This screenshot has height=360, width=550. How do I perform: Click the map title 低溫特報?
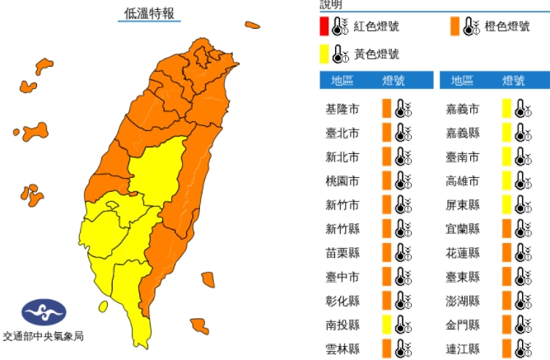(x=150, y=13)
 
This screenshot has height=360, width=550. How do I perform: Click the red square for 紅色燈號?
(x=325, y=26)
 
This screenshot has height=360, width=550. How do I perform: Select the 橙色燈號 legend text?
(x=508, y=26)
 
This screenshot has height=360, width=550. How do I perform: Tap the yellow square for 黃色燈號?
(x=325, y=54)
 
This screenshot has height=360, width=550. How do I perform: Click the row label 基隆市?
(x=343, y=109)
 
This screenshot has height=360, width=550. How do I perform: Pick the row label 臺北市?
(x=343, y=133)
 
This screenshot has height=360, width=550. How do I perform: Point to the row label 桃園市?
(x=343, y=180)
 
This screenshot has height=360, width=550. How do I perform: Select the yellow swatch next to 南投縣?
(x=385, y=323)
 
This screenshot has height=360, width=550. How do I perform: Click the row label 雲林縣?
(x=343, y=347)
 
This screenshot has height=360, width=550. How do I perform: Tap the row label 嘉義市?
(x=463, y=109)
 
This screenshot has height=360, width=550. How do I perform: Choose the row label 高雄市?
(x=463, y=180)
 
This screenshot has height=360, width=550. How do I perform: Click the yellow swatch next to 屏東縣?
(x=506, y=204)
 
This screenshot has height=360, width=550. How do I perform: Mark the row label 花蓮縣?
(x=463, y=251)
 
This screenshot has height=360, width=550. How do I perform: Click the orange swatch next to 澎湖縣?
(x=506, y=299)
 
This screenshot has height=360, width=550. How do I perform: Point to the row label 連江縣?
(x=463, y=347)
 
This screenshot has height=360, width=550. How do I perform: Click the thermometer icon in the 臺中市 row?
(x=402, y=275)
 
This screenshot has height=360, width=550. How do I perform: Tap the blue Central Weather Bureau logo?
(x=43, y=312)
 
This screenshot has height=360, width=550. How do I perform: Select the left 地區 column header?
(x=342, y=80)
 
